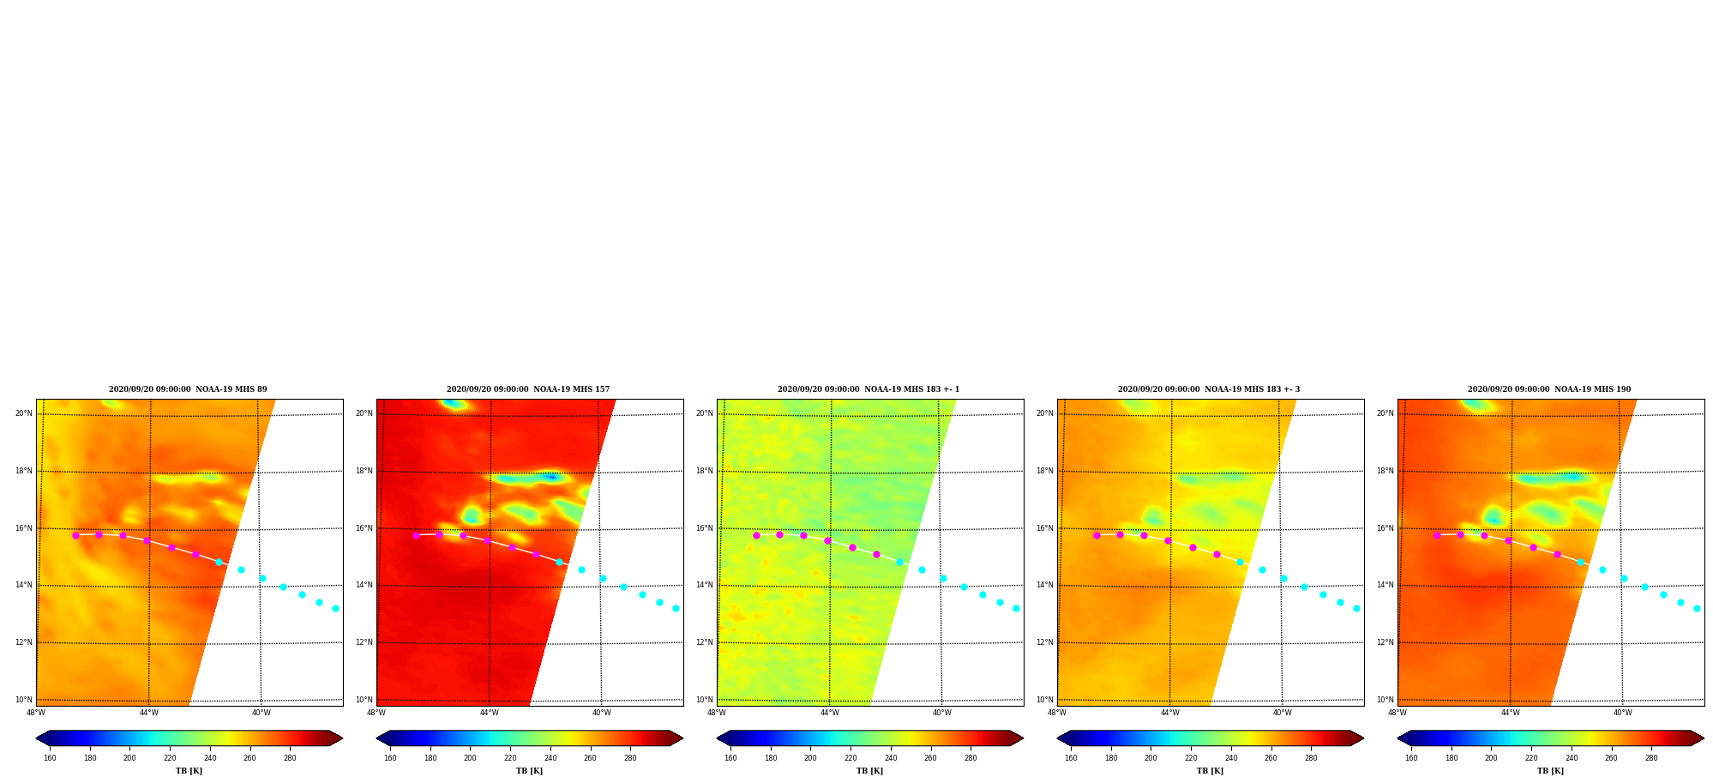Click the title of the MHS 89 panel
click(x=188, y=389)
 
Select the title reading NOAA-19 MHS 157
click(x=528, y=389)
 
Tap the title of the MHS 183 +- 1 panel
click(x=869, y=389)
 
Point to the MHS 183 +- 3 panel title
click(x=1209, y=389)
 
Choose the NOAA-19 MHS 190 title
click(x=1549, y=389)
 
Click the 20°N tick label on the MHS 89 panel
click(x=23, y=413)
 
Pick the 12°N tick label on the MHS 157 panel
click(x=364, y=642)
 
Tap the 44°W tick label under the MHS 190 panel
click(x=1510, y=713)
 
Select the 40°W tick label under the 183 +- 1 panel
click(x=941, y=713)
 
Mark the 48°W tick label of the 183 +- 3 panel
click(x=1057, y=713)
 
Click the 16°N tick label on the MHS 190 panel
click(x=1385, y=528)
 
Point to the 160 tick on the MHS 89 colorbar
click(x=50, y=758)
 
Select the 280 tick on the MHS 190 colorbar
click(x=1651, y=758)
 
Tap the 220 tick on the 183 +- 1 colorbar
click(x=850, y=758)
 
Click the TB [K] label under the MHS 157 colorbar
click(x=529, y=771)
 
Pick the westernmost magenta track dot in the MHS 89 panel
click(x=75, y=535)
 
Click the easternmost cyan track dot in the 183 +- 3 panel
click(x=1356, y=608)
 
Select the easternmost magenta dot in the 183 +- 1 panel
click(x=876, y=554)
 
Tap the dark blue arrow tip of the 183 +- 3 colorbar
click(x=1058, y=738)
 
